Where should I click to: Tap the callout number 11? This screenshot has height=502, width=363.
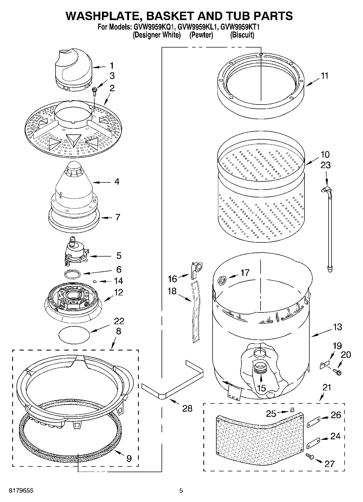tap(324, 76)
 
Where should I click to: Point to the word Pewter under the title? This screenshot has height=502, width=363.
tap(201, 35)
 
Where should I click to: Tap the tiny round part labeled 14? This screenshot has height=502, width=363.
tap(95, 282)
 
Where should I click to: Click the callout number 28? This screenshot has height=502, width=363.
tap(187, 408)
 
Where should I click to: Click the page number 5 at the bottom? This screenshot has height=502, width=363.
tap(181, 491)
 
